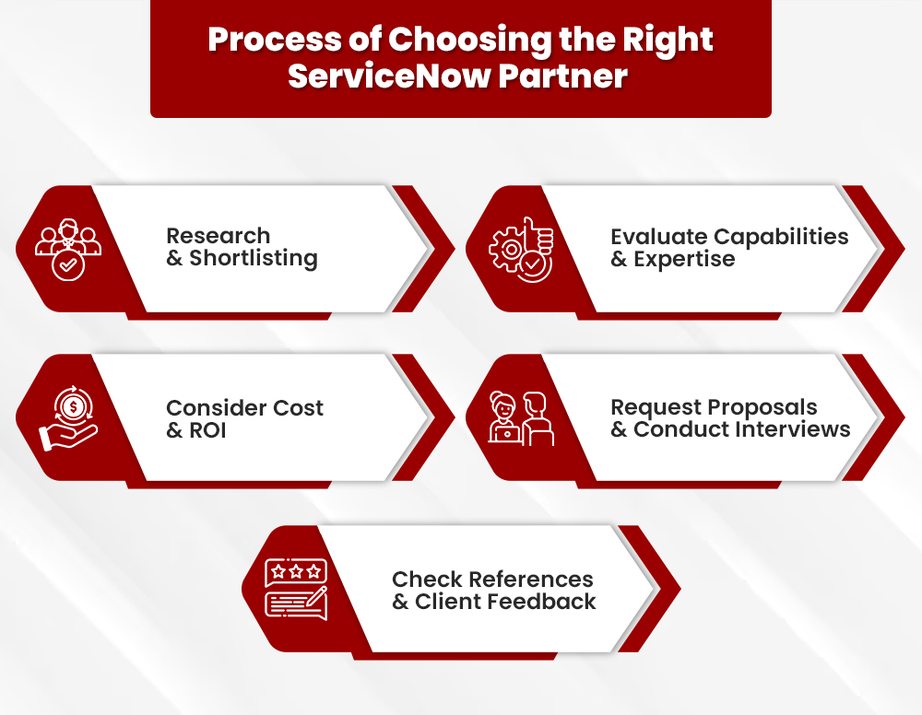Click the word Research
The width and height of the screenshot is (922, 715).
point(218,236)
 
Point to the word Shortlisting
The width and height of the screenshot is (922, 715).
point(254,259)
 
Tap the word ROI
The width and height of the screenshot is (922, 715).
point(207,430)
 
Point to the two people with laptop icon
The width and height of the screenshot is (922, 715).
point(521,419)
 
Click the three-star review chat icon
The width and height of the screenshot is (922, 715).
point(295,588)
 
